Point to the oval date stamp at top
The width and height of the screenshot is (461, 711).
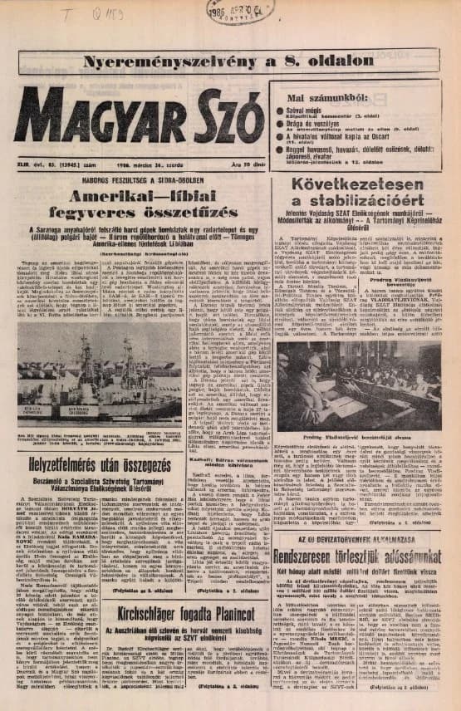tap(240, 12)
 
